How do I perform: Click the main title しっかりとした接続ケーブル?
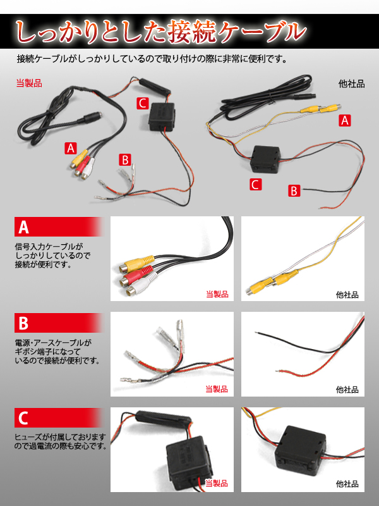[x=160, y=32]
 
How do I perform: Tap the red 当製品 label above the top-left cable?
[x=29, y=83]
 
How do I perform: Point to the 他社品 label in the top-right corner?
[x=351, y=84]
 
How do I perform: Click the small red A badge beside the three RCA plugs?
[x=71, y=149]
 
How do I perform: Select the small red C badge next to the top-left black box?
[x=143, y=103]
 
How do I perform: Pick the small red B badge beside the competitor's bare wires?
[x=294, y=190]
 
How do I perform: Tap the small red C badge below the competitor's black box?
[x=255, y=185]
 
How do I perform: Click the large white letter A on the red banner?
[x=23, y=227]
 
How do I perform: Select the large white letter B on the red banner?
[x=23, y=323]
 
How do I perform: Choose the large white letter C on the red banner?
[x=23, y=419]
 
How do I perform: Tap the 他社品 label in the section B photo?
[x=347, y=390]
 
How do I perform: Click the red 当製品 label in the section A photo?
[x=217, y=294]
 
